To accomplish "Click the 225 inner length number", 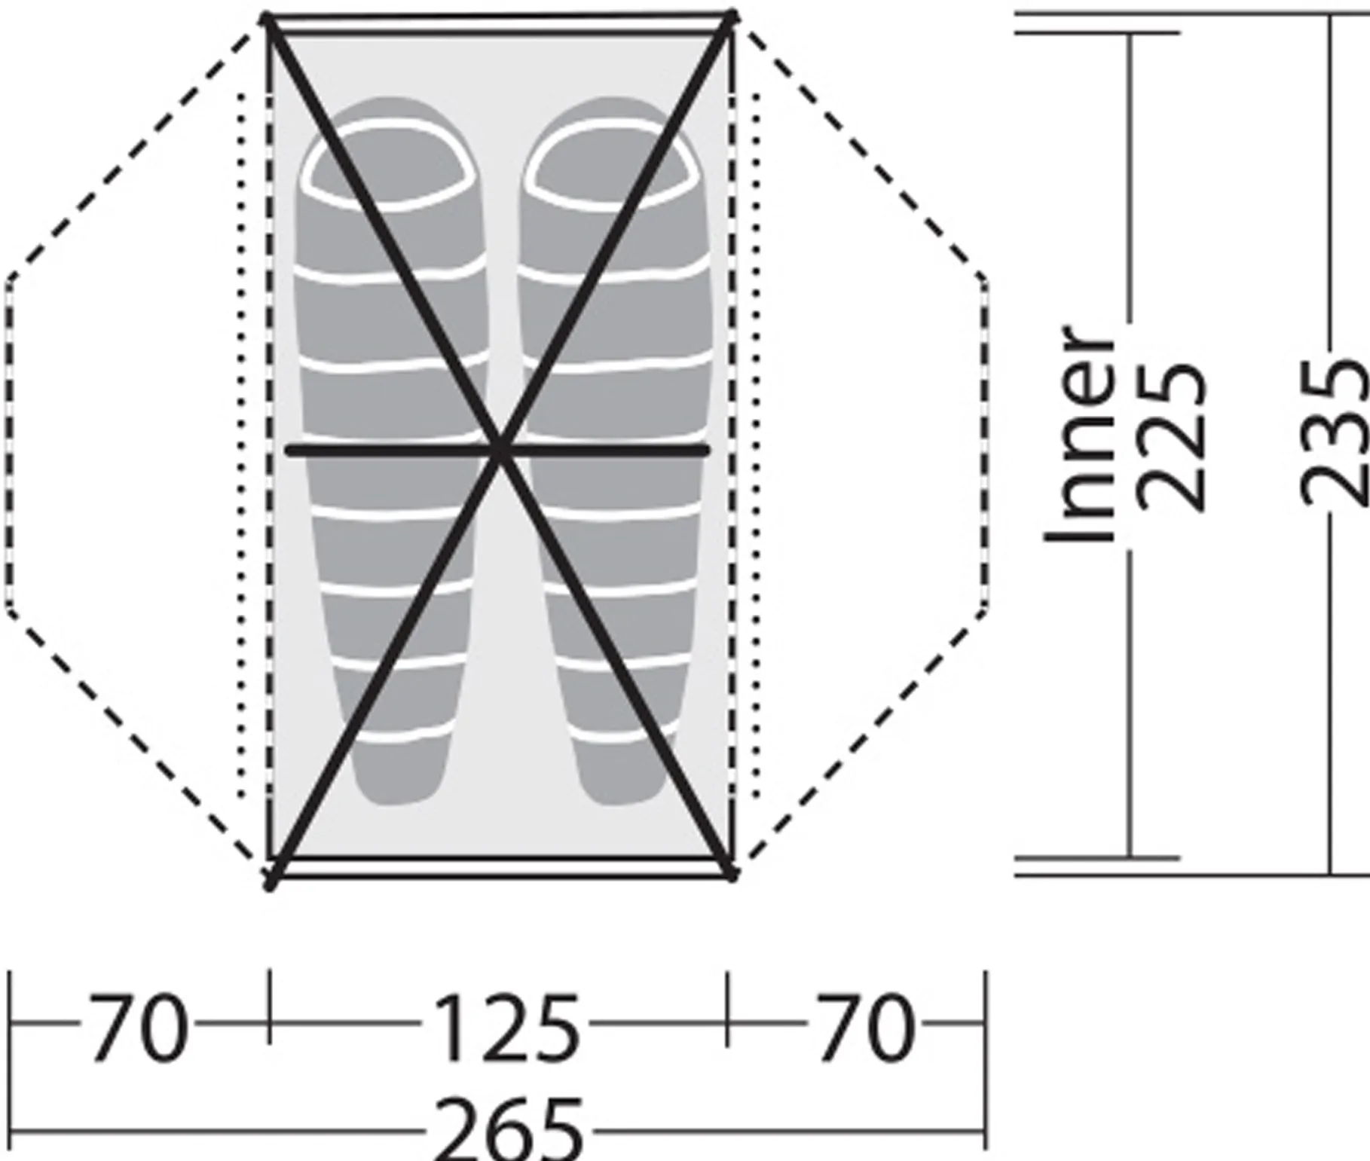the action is pos(1170,437).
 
